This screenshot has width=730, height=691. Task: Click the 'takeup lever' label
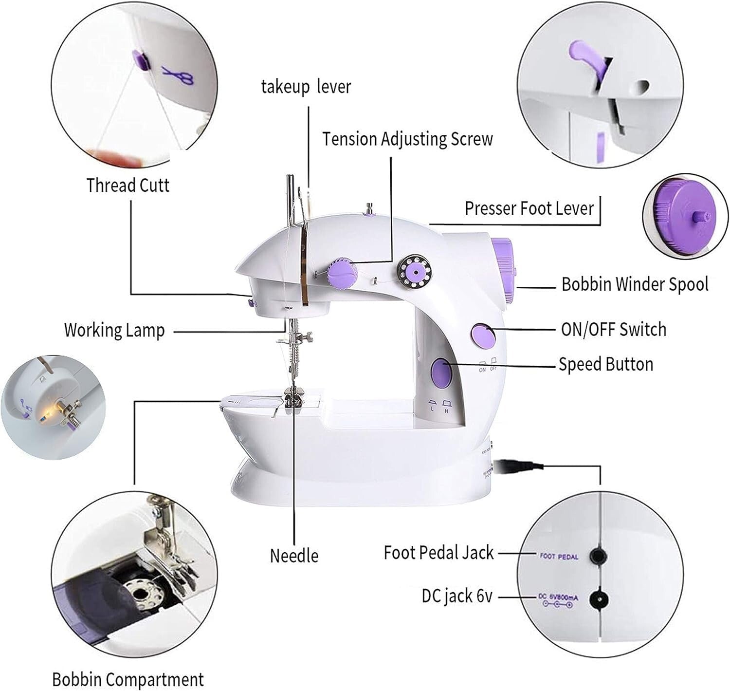click(x=306, y=87)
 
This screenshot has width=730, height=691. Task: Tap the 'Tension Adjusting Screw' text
click(x=407, y=139)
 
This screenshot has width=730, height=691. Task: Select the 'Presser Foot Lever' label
click(x=529, y=208)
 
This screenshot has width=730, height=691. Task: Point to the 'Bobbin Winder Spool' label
click(x=635, y=284)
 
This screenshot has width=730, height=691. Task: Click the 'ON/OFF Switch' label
click(x=613, y=330)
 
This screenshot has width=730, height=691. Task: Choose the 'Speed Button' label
click(x=605, y=364)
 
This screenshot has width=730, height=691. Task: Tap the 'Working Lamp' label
click(x=114, y=330)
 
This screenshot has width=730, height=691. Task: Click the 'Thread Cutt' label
click(x=128, y=186)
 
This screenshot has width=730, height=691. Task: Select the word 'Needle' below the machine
click(x=294, y=556)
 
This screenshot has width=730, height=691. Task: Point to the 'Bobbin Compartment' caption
click(x=128, y=679)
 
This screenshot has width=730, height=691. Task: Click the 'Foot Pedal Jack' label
click(x=438, y=553)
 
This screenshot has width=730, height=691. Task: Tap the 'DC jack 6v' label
click(x=457, y=596)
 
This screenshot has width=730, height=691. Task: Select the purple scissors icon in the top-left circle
click(x=178, y=75)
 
